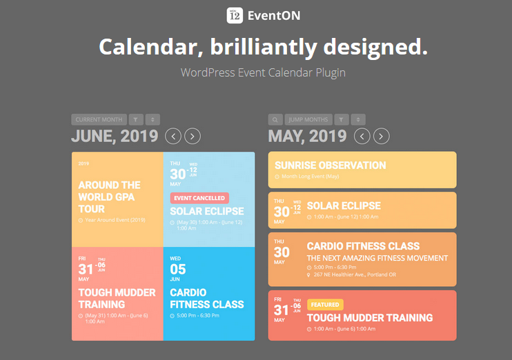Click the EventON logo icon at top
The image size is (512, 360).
[x=234, y=14]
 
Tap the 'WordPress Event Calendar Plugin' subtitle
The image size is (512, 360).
[x=263, y=72]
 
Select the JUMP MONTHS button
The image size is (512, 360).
[x=308, y=119]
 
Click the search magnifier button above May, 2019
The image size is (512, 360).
[x=275, y=119]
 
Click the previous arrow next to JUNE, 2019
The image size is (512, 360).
[x=173, y=136]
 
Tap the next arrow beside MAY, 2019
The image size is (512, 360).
[x=381, y=136]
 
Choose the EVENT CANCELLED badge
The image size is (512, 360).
[x=199, y=198]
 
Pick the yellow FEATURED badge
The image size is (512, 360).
[x=325, y=304]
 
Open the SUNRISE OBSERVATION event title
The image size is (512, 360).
[x=330, y=166]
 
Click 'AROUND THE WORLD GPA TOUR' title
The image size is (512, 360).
[x=109, y=197]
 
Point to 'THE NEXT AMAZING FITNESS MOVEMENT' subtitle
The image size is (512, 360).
[x=377, y=258]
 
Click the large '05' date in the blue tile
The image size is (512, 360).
[x=178, y=270]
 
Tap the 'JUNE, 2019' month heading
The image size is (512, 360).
[x=115, y=136]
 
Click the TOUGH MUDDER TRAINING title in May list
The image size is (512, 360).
[x=369, y=318]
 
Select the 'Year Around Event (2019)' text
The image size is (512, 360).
[x=115, y=220]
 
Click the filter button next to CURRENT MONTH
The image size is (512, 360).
[x=136, y=119]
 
